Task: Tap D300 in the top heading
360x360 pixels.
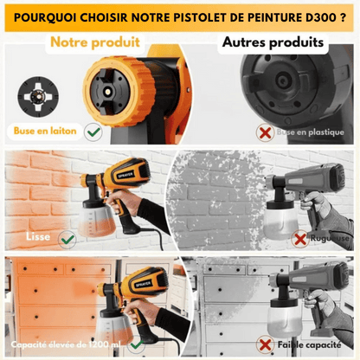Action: [x=319, y=16]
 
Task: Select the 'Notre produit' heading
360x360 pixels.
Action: [x=94, y=42]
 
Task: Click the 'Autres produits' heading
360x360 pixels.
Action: [x=273, y=42]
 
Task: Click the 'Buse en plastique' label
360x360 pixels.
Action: [x=311, y=133]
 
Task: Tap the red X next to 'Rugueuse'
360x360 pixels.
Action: [x=300, y=237]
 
